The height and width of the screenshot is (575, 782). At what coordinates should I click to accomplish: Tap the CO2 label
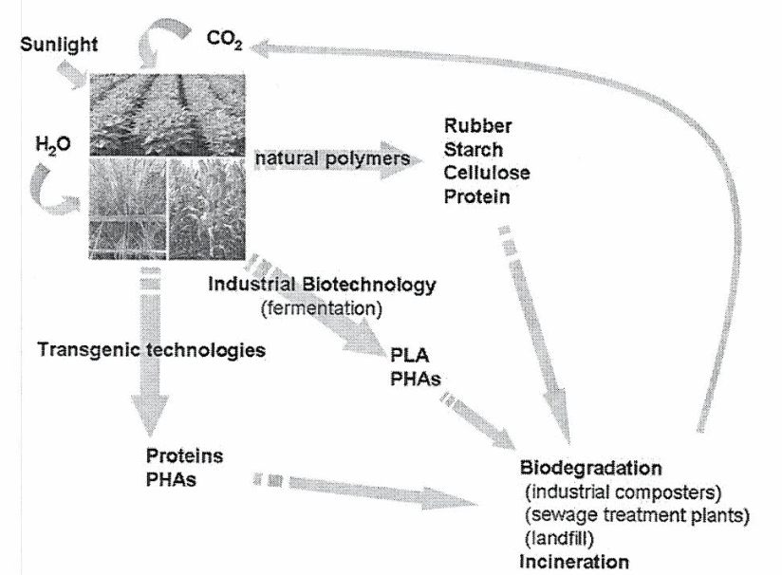point(225,43)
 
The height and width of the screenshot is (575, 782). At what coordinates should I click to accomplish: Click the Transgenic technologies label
point(149,349)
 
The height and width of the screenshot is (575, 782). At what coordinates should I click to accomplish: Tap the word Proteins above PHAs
point(185,455)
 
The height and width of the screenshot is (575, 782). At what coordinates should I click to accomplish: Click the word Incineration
point(572,560)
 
